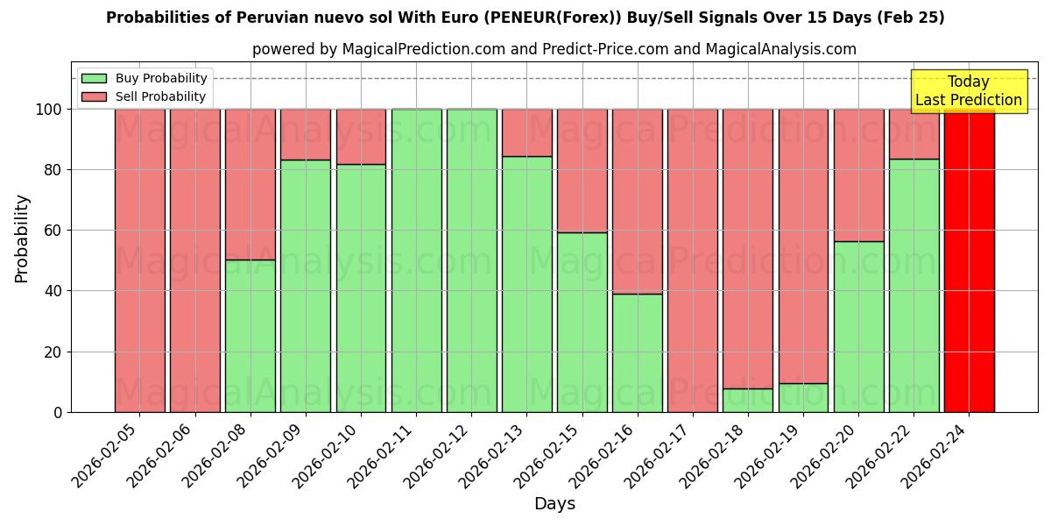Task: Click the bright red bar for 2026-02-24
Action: (969, 260)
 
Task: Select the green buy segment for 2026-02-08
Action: (250, 336)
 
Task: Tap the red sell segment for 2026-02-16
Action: (638, 202)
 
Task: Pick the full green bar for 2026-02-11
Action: (416, 260)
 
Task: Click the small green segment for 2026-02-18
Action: (748, 400)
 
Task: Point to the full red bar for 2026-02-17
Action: (693, 260)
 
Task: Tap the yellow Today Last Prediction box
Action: (969, 91)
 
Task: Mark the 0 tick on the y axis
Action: (58, 412)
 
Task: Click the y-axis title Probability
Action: (22, 238)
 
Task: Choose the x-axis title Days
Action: (554, 504)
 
